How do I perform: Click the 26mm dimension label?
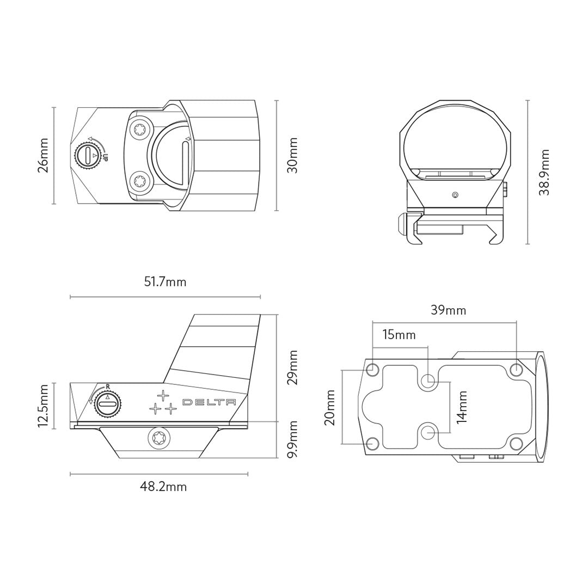43,155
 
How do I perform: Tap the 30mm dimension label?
292,155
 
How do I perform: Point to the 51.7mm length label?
165,281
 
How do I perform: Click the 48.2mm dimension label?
163,487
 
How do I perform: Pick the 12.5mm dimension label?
43,406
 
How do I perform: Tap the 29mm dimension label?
292,367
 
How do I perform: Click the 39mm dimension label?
448,310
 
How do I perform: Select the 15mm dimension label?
399,334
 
